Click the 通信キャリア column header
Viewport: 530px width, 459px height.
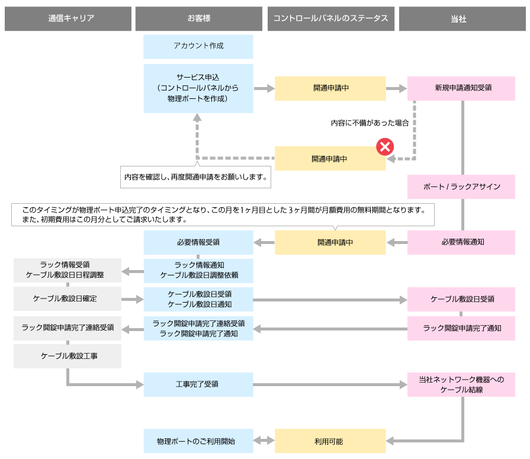(67, 19)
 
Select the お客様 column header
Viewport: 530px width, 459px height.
(198, 19)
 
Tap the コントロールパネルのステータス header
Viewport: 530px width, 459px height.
(330, 19)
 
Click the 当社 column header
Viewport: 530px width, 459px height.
(461, 19)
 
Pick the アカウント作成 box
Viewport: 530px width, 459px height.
(198, 46)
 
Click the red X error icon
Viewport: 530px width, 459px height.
(386, 146)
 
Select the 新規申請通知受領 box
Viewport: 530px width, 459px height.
(461, 88)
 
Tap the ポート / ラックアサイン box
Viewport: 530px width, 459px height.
(461, 187)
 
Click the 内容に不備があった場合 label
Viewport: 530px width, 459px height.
(370, 123)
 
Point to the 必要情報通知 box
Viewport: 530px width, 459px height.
(461, 242)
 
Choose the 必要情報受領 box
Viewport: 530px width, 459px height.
(198, 242)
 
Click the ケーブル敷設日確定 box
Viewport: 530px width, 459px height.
(67, 299)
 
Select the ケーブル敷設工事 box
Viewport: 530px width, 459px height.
(67, 356)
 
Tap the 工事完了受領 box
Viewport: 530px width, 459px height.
(198, 384)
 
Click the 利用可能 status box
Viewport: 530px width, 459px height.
(330, 441)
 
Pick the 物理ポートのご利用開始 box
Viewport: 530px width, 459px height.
(198, 441)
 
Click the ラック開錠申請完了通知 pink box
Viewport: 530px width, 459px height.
(461, 328)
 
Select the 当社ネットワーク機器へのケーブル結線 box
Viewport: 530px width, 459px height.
(461, 384)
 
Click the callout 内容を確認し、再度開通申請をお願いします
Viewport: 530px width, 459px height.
(195, 176)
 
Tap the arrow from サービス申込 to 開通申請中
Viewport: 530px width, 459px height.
(264, 88)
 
